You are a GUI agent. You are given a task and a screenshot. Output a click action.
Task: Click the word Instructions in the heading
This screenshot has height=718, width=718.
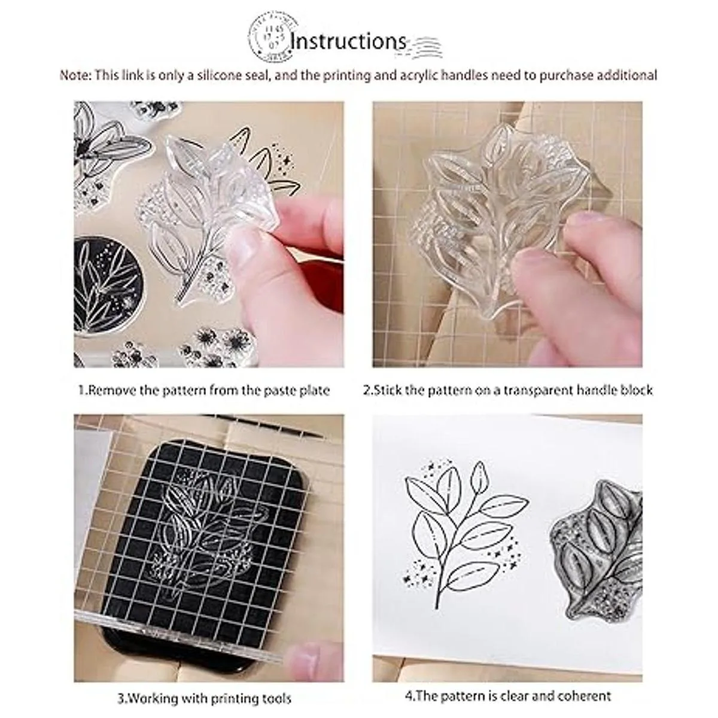[348, 41]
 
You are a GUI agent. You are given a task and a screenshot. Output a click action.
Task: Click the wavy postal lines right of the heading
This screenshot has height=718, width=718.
[425, 47]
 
